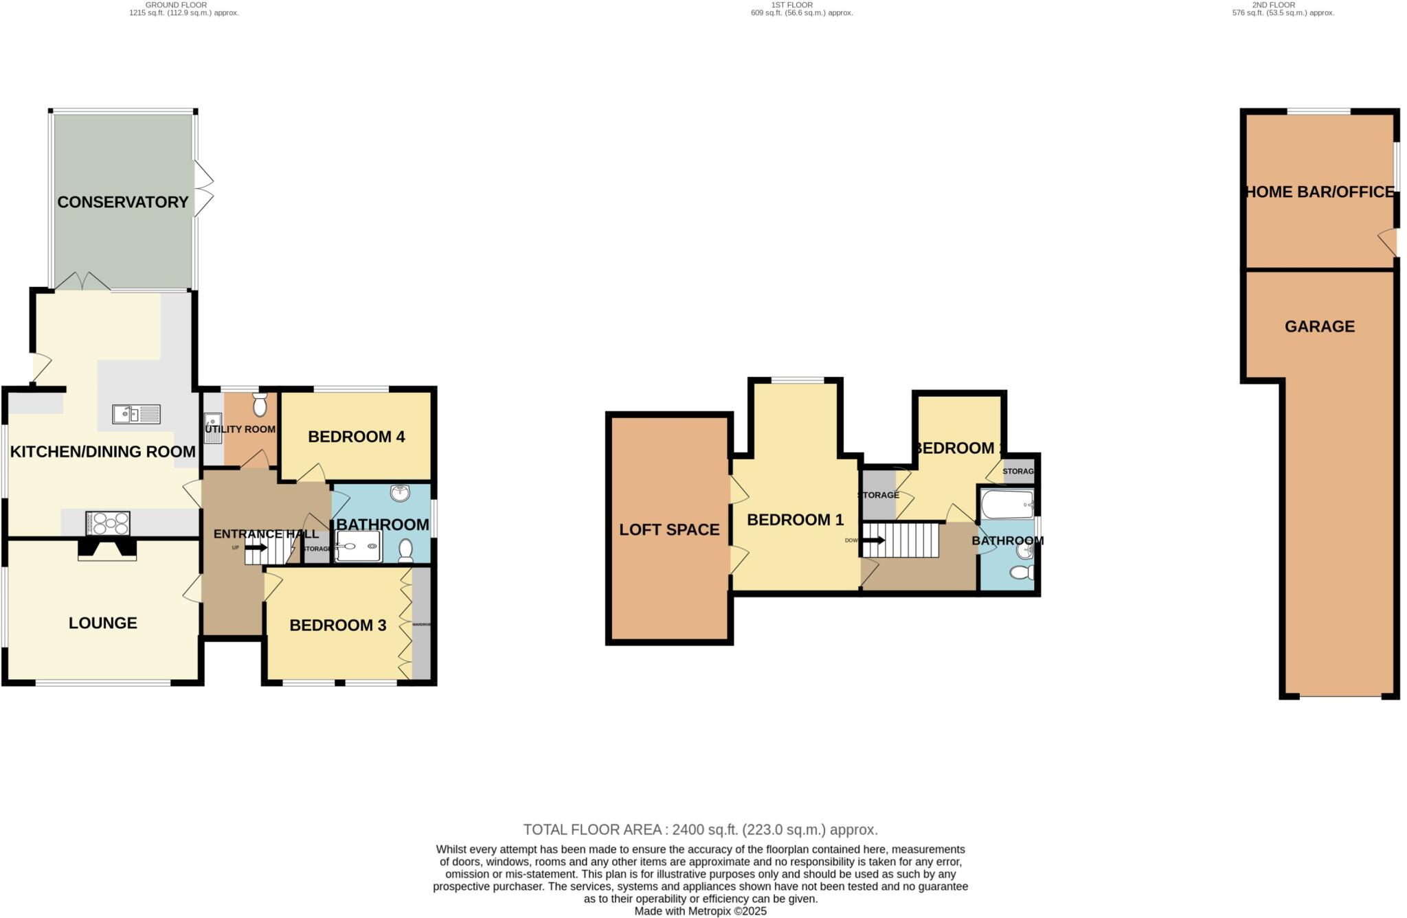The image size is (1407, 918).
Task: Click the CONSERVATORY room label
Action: pos(122,202)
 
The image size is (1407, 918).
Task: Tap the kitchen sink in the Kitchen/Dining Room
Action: pos(136,414)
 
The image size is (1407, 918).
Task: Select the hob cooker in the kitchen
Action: pos(108,524)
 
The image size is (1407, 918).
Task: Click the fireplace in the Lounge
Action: pos(106,549)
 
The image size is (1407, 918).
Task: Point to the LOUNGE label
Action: pos(103,623)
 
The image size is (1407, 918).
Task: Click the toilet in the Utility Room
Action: pos(260,406)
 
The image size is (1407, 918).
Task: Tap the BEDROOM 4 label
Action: pos(356,437)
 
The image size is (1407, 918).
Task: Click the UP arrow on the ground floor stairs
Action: pos(256,547)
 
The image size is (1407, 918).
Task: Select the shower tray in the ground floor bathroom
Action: pos(358,547)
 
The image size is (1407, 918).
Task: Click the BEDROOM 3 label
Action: pos(337,626)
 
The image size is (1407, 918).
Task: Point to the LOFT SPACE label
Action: pos(669,529)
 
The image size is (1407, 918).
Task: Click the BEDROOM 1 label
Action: pos(795,520)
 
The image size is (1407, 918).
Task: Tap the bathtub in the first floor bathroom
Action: pos(1007,505)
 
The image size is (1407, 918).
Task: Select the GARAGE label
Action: pos(1319,326)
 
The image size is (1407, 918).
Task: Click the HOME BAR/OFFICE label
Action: pos(1320,192)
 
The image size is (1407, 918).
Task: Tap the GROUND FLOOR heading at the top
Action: pos(176,5)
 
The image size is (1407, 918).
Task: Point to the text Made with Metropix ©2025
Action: pos(700,911)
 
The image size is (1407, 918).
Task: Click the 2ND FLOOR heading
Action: pos(1273,5)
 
